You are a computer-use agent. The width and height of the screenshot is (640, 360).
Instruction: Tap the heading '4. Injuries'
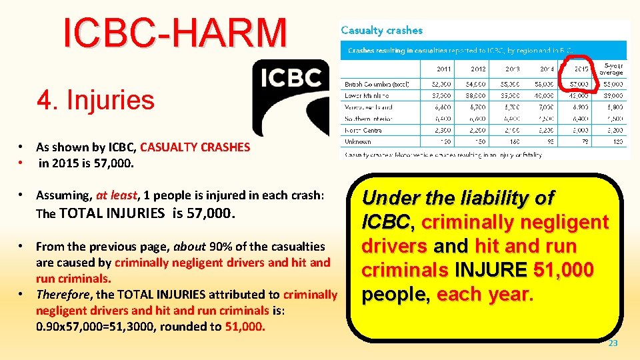click(x=96, y=100)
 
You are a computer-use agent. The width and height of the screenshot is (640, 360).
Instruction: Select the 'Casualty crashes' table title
click(x=381, y=30)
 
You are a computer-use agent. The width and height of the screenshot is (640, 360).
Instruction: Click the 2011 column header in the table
click(x=443, y=69)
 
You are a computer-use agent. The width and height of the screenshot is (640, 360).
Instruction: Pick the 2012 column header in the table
click(x=478, y=69)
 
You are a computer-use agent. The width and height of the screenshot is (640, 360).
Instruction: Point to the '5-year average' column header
click(x=611, y=69)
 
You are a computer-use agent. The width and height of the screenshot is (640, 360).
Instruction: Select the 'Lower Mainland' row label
click(x=369, y=96)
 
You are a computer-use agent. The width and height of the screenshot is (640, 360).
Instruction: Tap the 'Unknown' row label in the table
click(x=358, y=141)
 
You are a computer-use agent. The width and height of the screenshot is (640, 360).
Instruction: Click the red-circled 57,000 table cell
click(x=579, y=85)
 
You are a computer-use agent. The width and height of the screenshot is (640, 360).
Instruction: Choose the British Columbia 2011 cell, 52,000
click(x=442, y=85)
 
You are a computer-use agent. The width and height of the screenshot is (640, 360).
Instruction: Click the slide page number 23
click(x=613, y=343)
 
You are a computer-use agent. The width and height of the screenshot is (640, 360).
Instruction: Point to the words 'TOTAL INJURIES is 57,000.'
click(x=147, y=213)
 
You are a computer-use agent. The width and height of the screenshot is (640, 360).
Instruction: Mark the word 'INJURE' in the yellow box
click(x=492, y=271)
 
